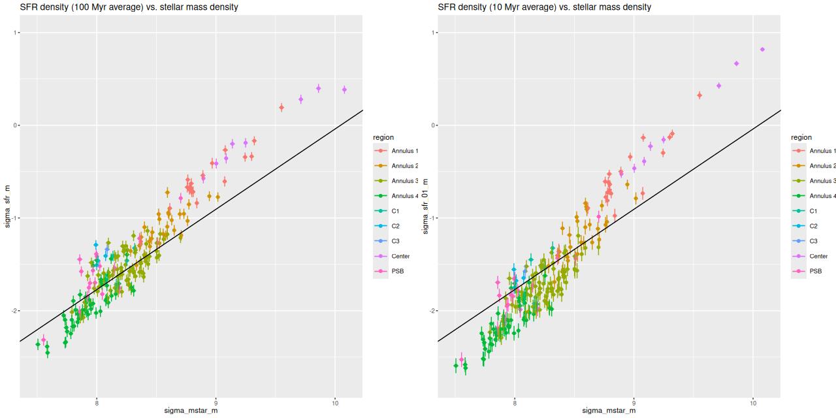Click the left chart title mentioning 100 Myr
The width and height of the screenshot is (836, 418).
tap(129, 7)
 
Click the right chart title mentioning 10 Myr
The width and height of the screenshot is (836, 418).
tap(544, 7)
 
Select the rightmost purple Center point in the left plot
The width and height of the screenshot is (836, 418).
tap(344, 89)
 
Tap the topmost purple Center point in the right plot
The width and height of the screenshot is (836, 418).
tap(762, 50)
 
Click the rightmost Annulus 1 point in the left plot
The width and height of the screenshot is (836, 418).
tap(281, 107)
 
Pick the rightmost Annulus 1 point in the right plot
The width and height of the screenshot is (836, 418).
tap(699, 95)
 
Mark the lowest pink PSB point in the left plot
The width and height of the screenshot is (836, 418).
tap(43, 340)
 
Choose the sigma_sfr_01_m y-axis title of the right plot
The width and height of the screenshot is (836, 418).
tap(425, 206)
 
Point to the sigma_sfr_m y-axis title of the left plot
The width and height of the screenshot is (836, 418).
tap(7, 206)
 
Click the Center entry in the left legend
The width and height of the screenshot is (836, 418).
tap(400, 256)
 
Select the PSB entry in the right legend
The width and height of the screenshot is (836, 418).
tap(816, 271)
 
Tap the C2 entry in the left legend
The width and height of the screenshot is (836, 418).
tap(396, 226)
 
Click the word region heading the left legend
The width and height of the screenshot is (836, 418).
tap(385, 137)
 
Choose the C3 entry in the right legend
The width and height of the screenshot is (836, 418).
tap(814, 241)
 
